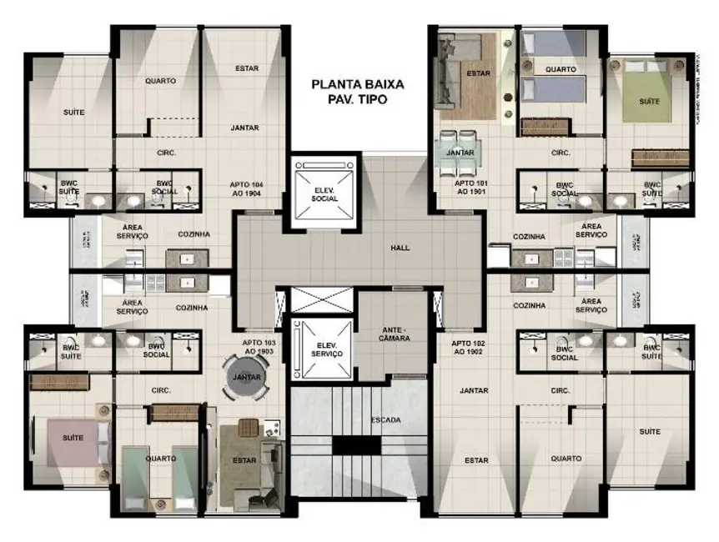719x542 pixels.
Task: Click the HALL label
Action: tap(400, 248)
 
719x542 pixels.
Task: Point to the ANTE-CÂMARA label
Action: tap(393, 334)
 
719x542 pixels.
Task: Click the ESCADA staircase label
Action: tap(385, 419)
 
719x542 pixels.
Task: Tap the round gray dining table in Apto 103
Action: tap(246, 378)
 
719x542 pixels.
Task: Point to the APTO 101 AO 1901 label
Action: tap(470, 186)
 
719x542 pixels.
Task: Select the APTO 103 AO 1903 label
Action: tap(258, 346)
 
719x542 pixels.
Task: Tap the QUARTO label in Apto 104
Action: tap(159, 81)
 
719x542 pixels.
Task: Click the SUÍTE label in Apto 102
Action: tap(650, 431)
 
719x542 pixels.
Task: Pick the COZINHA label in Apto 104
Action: tap(193, 234)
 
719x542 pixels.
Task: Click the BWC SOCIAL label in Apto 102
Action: tap(565, 353)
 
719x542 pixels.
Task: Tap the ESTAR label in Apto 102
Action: tap(476, 459)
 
